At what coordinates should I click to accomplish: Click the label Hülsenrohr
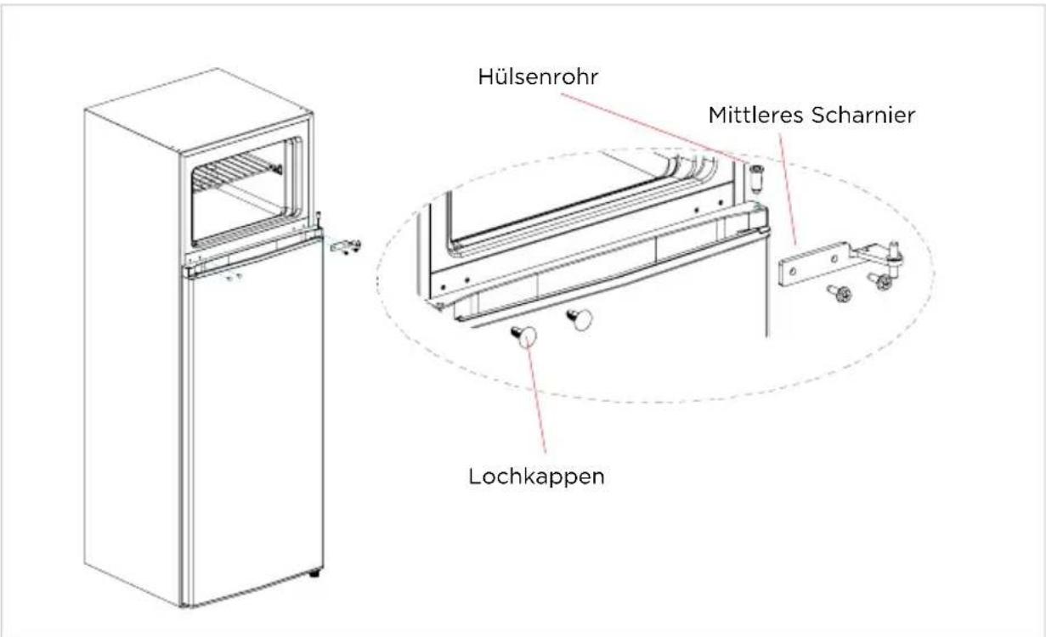point(538,76)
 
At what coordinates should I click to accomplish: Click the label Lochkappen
point(536,476)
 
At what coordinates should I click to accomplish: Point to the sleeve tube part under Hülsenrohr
point(756,178)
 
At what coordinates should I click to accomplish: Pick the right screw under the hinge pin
point(881,280)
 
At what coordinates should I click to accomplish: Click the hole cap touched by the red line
point(525,336)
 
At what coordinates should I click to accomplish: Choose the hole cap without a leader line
point(580,319)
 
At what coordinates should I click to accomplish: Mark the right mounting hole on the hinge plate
point(833,257)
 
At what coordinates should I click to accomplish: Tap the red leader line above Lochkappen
point(536,394)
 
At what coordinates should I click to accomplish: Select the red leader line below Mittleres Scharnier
point(788,189)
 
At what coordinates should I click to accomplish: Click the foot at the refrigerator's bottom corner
point(315,572)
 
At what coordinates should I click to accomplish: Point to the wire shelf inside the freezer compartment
point(237,172)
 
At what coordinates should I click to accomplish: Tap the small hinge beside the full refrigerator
point(346,246)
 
